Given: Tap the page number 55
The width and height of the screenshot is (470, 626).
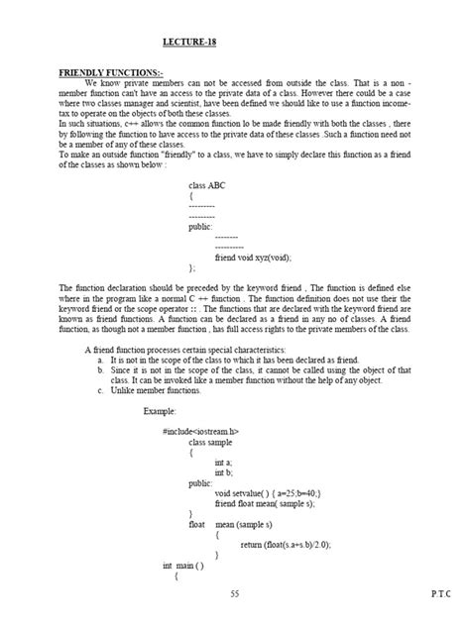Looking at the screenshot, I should point(233,592).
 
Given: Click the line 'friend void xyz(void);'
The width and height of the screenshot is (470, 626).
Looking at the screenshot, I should point(253,256).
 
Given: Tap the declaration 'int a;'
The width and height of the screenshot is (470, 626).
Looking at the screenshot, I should point(223,462).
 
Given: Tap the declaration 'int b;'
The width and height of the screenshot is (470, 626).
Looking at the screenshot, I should point(223,473).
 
